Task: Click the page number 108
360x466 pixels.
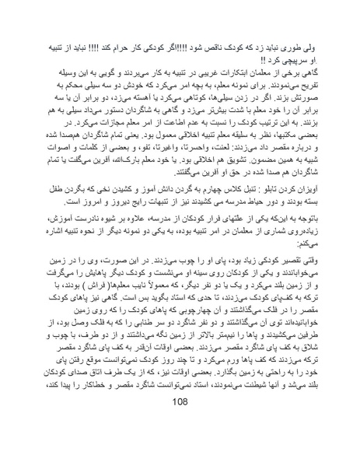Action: click(x=180, y=446)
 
